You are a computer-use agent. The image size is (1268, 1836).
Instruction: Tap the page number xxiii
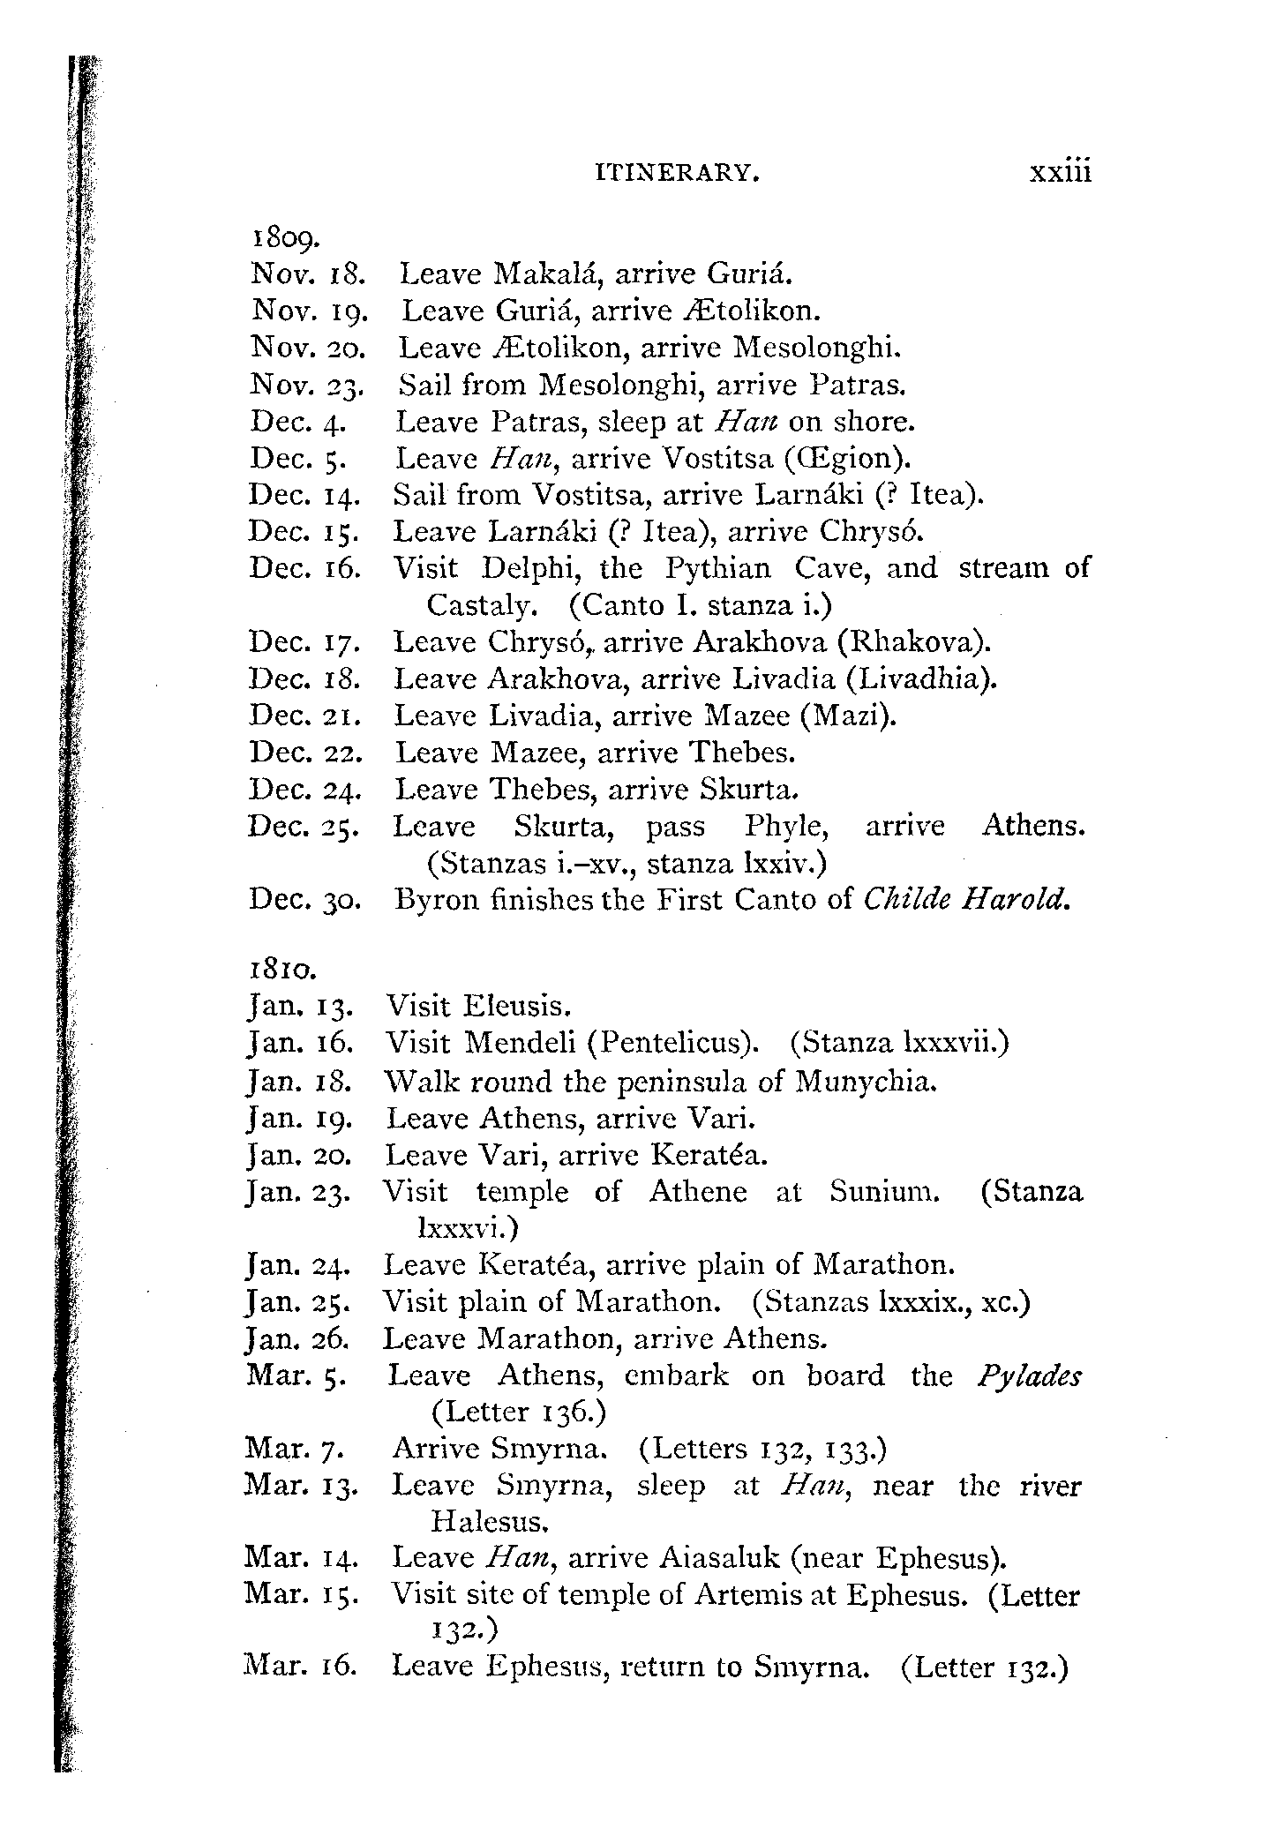point(1060,171)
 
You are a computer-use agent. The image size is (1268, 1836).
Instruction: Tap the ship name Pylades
point(1029,1375)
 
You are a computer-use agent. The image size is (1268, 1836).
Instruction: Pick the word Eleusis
point(519,1006)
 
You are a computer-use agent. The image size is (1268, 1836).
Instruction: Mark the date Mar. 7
point(294,1450)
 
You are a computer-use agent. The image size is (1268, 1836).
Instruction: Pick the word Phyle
point(787,827)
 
